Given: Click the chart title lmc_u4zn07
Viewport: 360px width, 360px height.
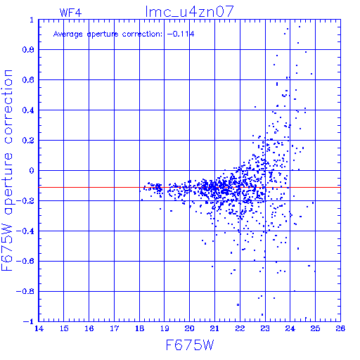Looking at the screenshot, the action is tap(189, 12).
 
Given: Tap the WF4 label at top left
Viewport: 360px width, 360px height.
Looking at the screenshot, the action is tap(70, 13).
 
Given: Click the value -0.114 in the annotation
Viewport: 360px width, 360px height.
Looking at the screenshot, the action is tap(181, 34).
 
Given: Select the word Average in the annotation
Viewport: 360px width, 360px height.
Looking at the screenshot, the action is tap(68, 34).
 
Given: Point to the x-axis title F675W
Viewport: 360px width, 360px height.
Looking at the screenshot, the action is tap(190, 345).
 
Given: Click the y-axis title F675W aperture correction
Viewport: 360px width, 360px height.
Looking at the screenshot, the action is tap(7, 170).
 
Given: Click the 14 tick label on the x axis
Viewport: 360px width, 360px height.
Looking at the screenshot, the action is tap(39, 328).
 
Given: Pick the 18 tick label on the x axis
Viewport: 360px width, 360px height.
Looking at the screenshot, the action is tap(140, 328).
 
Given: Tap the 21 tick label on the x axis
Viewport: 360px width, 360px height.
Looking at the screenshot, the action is tap(214, 328).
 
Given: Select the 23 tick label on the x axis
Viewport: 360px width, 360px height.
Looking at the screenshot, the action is tap(265, 328).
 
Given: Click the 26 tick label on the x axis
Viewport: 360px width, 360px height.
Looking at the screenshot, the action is tap(340, 328).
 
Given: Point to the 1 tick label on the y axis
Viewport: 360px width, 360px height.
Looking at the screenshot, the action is tap(32, 20).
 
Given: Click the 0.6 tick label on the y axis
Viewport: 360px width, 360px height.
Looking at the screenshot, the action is tap(28, 80).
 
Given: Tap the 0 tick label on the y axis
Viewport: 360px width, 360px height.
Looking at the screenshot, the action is tap(32, 171).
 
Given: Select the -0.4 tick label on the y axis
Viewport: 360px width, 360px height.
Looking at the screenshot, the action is tap(25, 231).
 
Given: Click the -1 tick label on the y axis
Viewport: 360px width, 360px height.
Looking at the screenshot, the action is tap(29, 321).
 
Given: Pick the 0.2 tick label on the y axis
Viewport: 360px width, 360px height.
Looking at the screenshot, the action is tap(28, 141).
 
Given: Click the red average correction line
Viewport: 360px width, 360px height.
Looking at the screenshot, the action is tap(190, 188).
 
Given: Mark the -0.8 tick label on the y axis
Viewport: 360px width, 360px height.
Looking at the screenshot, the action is tap(25, 292).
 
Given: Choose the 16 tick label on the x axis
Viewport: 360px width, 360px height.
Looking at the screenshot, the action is tap(89, 328).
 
